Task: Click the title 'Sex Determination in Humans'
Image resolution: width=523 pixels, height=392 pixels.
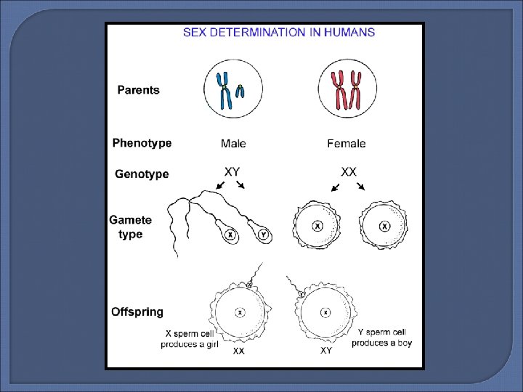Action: pos(279,32)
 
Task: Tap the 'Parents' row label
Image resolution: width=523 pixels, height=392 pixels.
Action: pos(138,90)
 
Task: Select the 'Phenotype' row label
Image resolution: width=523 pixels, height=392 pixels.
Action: pos(142,143)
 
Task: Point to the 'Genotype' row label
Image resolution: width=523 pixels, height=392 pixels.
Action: pos(142,174)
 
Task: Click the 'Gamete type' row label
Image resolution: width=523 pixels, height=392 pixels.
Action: pos(131,226)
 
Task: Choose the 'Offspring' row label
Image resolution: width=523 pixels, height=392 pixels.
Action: pos(137,312)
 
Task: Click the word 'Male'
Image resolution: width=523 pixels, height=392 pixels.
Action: pos(233,144)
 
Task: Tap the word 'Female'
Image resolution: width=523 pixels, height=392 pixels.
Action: pos(346,144)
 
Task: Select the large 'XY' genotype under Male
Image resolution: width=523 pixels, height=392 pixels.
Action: pos(232,171)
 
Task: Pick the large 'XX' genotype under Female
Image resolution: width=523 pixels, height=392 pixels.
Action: pos(349,171)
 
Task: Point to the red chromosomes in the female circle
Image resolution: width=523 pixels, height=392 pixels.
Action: pos(346,90)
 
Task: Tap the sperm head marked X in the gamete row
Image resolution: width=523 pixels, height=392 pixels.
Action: pos(230,235)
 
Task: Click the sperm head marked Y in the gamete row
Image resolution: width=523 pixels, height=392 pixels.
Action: pos(262,234)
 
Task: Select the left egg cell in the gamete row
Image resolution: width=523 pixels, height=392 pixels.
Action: pos(317,226)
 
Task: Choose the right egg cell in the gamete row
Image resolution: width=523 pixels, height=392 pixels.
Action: pos(384,226)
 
